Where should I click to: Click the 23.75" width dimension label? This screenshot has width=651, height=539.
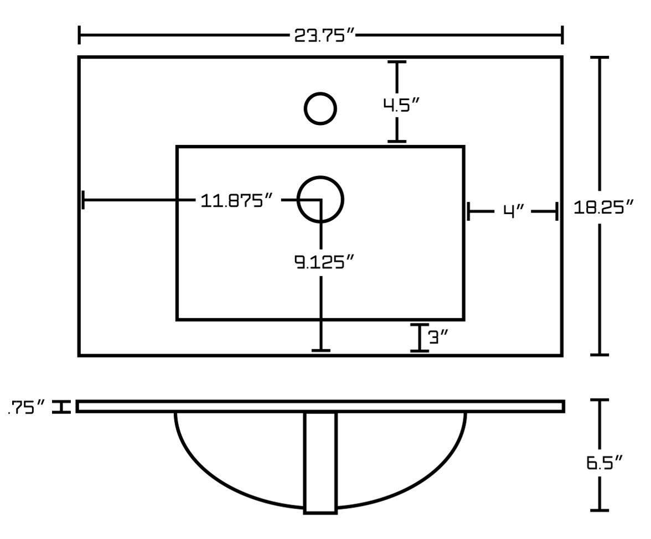pos(323,36)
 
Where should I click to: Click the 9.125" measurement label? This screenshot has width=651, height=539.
pos(323,261)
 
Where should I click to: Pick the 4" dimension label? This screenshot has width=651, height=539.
pos(514,211)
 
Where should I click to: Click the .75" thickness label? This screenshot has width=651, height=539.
pos(27,408)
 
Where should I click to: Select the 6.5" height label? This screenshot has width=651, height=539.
pos(606,462)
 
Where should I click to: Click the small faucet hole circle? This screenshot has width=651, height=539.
pos(320,108)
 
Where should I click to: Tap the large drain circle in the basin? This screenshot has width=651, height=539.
pos(321,199)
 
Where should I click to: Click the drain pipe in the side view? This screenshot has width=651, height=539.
pos(321,463)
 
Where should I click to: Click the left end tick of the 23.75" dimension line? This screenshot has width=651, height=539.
pos(80,35)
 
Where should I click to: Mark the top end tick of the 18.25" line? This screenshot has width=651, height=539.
pos(600,58)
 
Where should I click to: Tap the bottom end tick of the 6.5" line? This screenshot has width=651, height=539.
pos(600,510)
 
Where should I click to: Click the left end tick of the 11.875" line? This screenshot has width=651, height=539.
pos(83,199)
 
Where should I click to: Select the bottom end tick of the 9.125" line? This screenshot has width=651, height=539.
pos(321,350)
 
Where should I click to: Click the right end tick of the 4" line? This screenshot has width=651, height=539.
pos(556,211)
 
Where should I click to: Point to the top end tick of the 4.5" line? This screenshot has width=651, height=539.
pos(397,63)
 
